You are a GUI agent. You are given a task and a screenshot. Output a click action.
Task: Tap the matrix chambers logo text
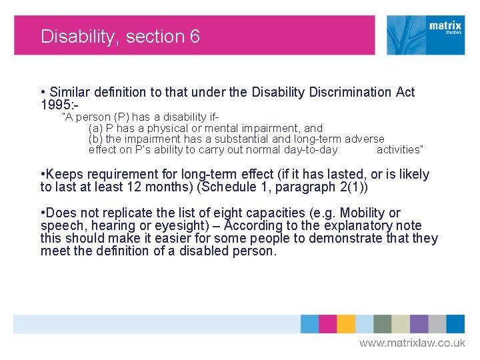[x=445, y=28]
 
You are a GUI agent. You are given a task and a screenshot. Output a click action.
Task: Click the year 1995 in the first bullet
[x=54, y=105]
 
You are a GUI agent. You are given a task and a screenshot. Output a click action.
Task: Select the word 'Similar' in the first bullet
[x=71, y=93]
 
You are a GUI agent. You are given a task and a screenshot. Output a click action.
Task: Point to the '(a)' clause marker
[x=95, y=128]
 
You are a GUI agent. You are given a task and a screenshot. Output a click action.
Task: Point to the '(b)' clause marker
[x=95, y=139]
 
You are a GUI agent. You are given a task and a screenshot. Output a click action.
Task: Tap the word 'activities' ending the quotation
[x=399, y=149]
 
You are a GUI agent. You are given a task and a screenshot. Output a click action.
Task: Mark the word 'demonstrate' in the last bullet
[x=346, y=239]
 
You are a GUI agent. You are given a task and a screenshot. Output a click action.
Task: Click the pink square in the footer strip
[x=327, y=323]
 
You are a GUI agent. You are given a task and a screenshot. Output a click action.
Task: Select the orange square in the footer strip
[x=345, y=323]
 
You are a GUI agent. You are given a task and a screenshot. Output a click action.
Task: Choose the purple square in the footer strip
[x=419, y=323]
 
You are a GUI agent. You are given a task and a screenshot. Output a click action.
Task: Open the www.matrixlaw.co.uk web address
[x=412, y=343]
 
